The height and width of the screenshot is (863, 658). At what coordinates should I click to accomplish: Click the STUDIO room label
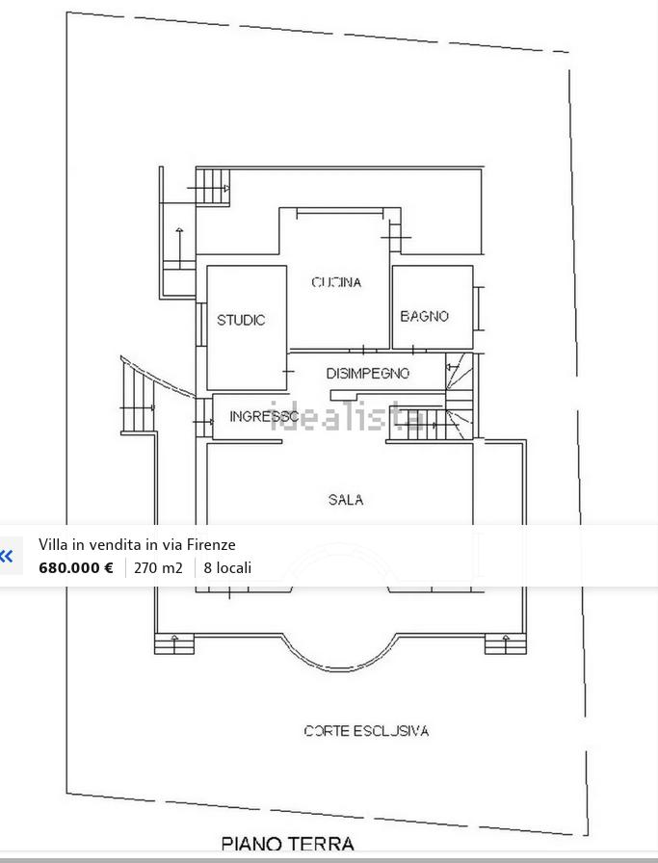click(241, 320)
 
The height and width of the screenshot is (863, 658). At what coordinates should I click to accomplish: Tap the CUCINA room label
click(336, 282)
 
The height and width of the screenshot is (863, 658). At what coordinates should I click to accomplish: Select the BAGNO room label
click(424, 316)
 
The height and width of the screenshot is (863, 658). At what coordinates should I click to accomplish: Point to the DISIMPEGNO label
click(368, 374)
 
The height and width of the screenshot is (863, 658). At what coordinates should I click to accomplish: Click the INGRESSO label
click(264, 417)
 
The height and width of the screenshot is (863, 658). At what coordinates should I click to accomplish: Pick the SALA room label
click(346, 500)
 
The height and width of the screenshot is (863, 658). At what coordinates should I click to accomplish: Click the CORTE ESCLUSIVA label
click(366, 731)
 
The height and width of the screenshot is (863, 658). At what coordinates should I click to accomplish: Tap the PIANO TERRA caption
click(287, 844)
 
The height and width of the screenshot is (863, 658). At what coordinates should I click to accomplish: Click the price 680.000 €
click(76, 567)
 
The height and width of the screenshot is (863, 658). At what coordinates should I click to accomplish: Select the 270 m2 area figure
click(158, 567)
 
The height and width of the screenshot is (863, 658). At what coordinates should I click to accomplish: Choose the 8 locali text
click(227, 567)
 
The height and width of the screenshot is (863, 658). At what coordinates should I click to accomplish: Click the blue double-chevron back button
click(7, 556)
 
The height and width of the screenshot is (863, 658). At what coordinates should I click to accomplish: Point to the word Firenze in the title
click(211, 544)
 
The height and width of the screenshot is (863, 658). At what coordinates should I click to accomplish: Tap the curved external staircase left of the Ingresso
click(138, 395)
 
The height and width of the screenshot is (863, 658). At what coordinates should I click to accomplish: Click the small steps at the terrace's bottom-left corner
click(174, 643)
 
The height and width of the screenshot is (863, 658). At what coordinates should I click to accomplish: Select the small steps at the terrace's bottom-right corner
click(506, 643)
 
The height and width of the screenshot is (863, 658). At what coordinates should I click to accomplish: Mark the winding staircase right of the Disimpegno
click(460, 395)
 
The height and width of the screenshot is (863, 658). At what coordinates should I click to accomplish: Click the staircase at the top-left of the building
click(213, 187)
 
